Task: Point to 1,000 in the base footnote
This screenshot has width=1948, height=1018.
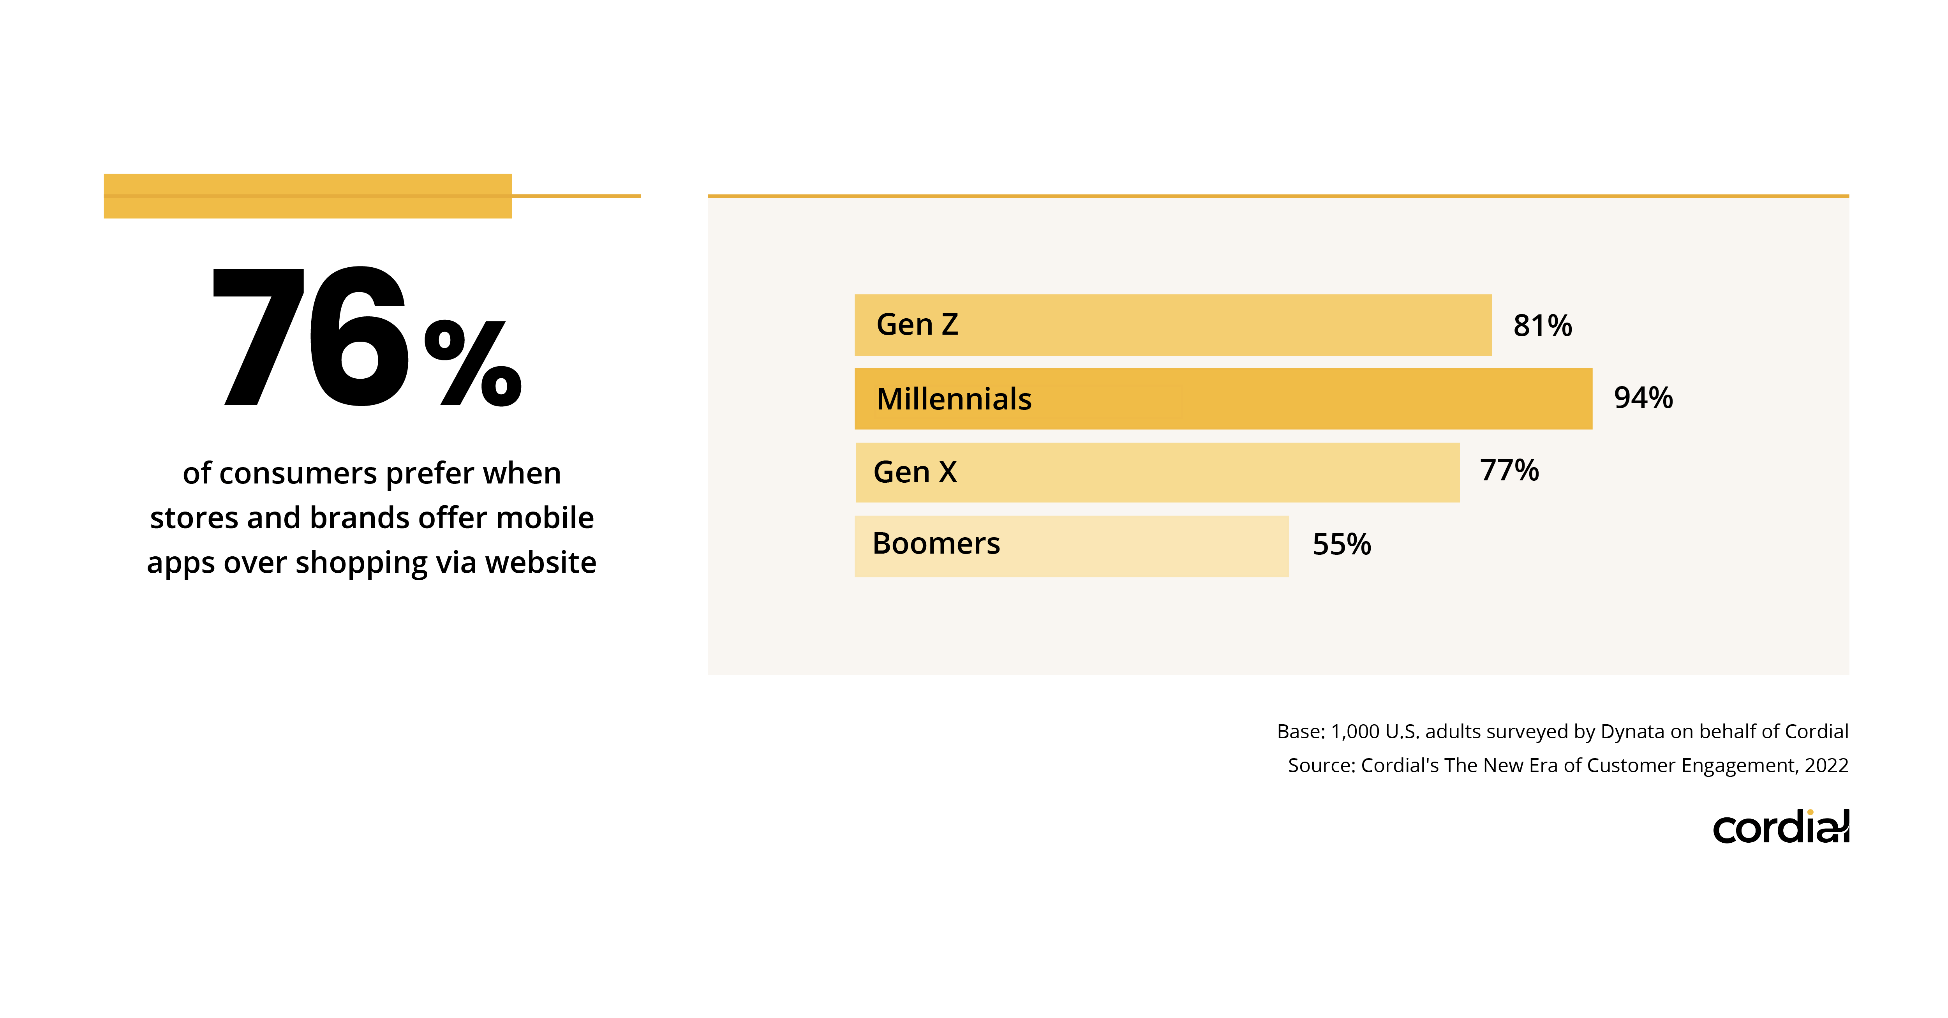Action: pyautogui.click(x=1354, y=731)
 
